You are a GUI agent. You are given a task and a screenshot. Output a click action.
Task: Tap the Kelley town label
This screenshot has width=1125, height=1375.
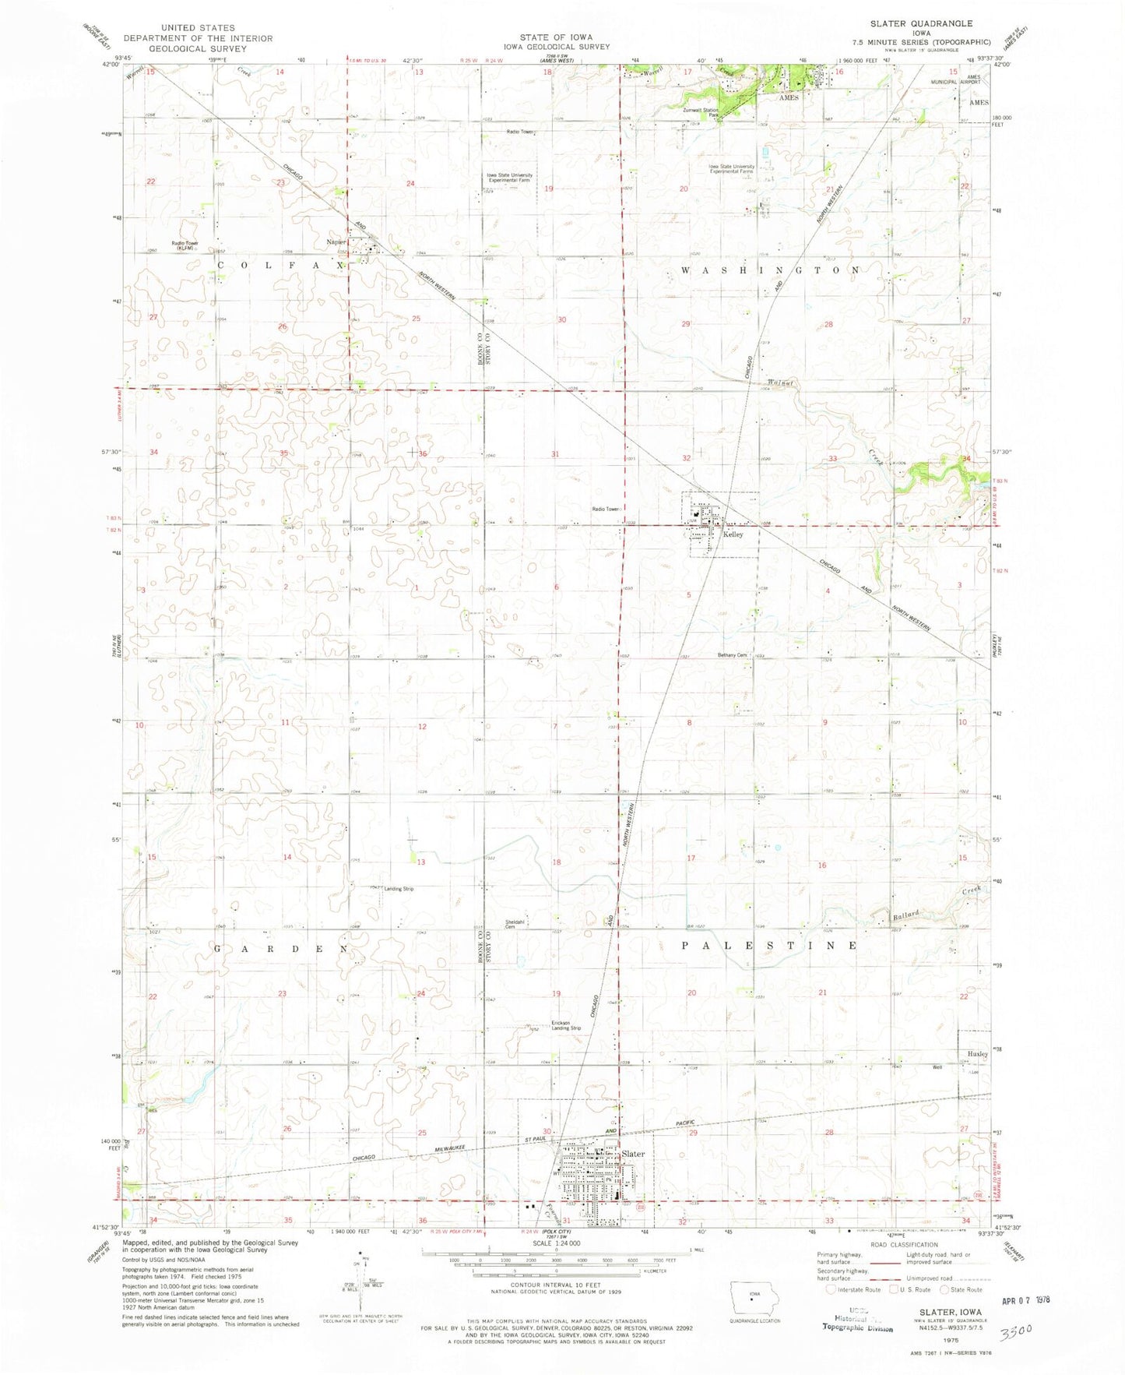(733, 534)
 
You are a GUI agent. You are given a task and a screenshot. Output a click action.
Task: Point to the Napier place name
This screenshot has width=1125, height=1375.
(336, 242)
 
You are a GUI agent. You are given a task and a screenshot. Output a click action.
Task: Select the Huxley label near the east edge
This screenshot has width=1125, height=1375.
(977, 1053)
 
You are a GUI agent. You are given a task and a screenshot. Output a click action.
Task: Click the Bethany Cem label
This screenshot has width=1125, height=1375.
(732, 655)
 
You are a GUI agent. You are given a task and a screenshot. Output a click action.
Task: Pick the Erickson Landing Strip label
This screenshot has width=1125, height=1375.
(566, 1025)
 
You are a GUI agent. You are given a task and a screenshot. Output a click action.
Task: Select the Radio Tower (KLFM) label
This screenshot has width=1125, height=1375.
(185, 245)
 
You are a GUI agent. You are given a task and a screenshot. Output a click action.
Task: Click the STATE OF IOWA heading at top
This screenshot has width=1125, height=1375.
(556, 37)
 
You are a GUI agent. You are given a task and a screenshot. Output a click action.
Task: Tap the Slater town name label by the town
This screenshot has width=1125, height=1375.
(633, 1154)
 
